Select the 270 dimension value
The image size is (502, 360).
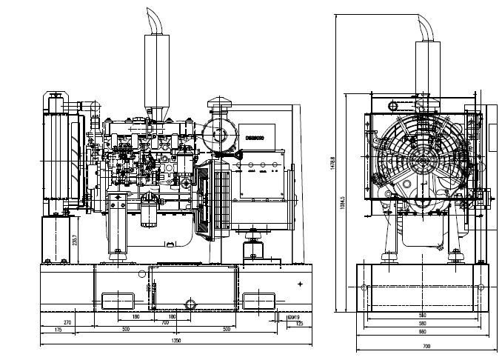[x=67, y=323]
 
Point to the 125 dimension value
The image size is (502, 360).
[x=298, y=324]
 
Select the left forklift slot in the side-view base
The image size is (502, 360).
[x=116, y=301]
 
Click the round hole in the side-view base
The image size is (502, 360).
[x=190, y=304]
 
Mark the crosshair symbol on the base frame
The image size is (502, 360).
[x=299, y=284]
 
